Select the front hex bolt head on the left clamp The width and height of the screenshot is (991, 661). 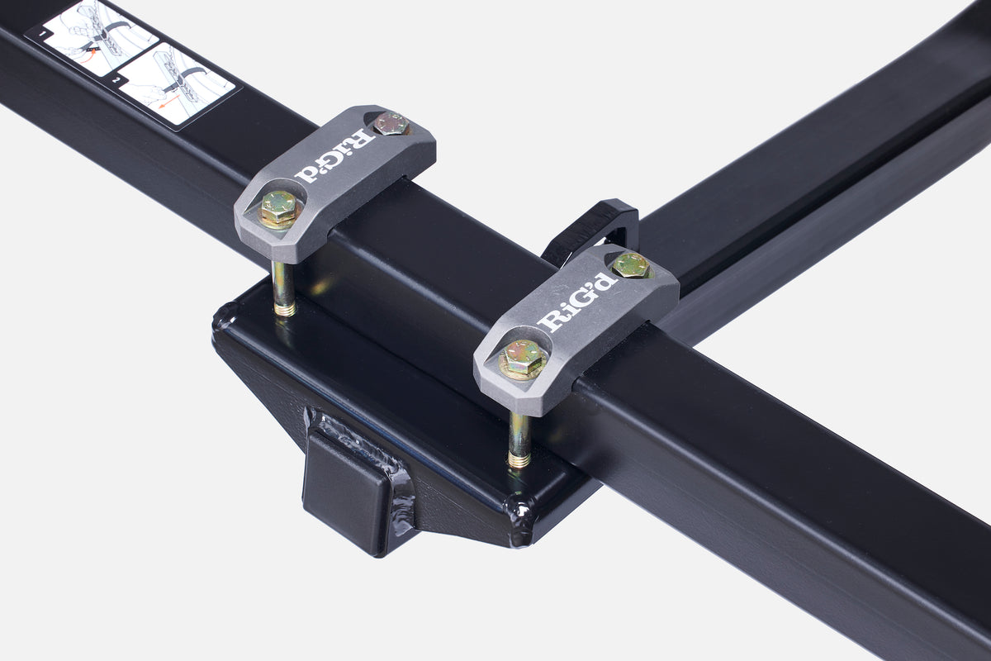[x=279, y=207]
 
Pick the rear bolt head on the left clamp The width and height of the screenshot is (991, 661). [x=391, y=124]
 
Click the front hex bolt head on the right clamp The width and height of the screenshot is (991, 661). [x=523, y=358]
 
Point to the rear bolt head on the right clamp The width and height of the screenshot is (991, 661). [x=630, y=264]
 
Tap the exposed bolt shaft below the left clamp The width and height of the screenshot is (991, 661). [x=282, y=289]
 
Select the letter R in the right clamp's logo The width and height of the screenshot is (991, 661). [x=548, y=321]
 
